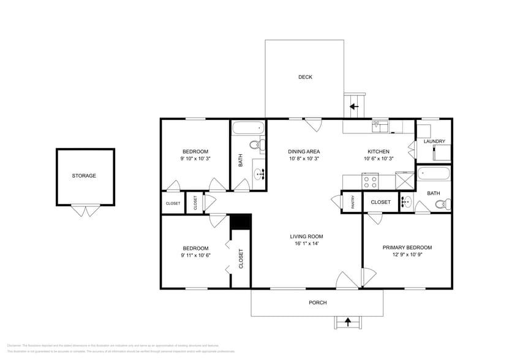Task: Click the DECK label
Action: click(305, 77)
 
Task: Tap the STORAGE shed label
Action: click(84, 176)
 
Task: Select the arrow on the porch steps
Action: click(348, 321)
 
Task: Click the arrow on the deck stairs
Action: click(353, 107)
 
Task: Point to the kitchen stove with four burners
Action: click(371, 181)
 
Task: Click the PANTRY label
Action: click(352, 203)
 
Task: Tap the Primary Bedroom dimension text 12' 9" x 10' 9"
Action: click(407, 255)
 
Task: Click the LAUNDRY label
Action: click(434, 141)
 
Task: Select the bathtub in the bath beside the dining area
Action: click(248, 129)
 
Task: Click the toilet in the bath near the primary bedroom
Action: click(445, 204)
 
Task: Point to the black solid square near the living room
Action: click(241, 222)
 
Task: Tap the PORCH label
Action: click(317, 302)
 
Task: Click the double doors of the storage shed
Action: click(85, 211)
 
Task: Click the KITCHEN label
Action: click(378, 151)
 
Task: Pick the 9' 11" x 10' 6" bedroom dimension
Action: click(195, 255)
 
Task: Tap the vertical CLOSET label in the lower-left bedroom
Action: click(241, 258)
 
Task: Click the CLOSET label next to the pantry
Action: click(380, 202)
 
